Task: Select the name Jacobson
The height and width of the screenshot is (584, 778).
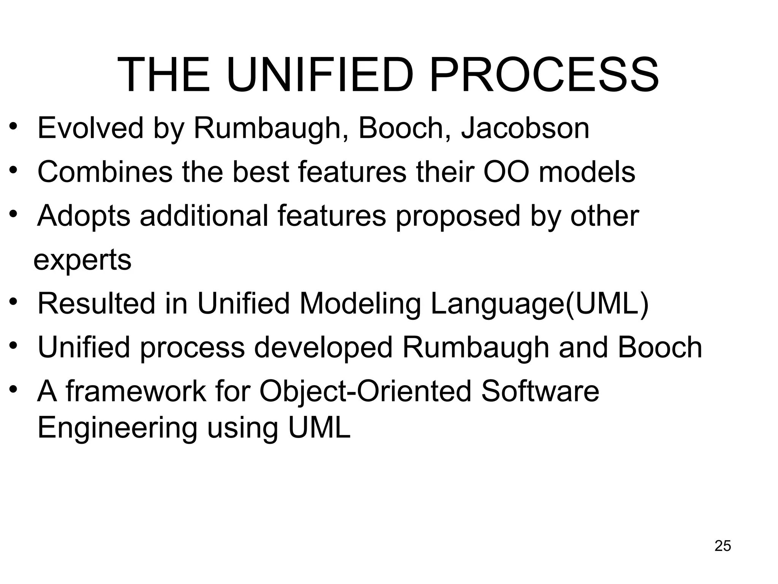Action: point(525,128)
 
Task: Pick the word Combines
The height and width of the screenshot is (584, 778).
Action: point(105,172)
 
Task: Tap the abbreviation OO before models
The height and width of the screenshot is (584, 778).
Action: point(506,172)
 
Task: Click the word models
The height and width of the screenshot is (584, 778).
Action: point(587,172)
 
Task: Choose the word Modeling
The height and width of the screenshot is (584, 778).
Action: point(360,304)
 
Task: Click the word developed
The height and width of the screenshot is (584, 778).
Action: point(323,348)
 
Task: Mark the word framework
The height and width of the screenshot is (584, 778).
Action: point(136,392)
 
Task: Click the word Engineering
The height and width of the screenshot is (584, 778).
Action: point(117,428)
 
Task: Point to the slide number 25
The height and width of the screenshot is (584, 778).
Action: point(723,546)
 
